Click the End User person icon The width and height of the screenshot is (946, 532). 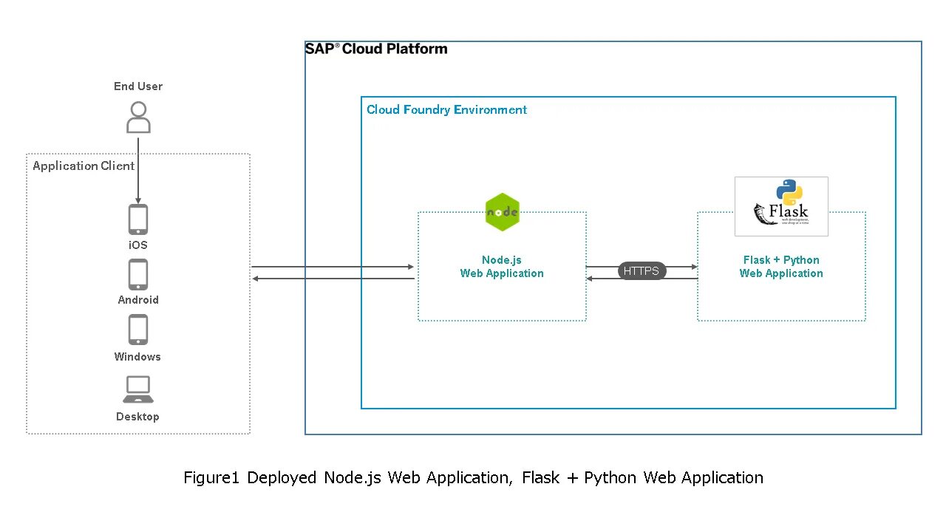pyautogui.click(x=138, y=117)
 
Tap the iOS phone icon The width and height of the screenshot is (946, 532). pyautogui.click(x=138, y=219)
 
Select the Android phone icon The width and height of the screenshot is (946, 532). pyautogui.click(x=138, y=274)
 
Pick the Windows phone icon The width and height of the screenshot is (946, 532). pyautogui.click(x=138, y=330)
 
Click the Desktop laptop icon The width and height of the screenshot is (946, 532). pyautogui.click(x=138, y=389)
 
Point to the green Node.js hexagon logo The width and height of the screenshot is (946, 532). pyautogui.click(x=503, y=212)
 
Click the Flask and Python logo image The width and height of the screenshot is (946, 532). pyautogui.click(x=781, y=206)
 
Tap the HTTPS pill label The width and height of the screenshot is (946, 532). pyautogui.click(x=642, y=271)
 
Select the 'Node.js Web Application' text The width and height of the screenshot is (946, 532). pyautogui.click(x=502, y=267)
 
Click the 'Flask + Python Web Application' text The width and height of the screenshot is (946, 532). pyautogui.click(x=781, y=267)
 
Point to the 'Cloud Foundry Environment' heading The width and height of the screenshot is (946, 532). pyautogui.click(x=446, y=110)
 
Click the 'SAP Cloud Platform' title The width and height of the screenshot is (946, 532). pyautogui.click(x=376, y=49)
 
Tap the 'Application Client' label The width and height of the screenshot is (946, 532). pyautogui.click(x=84, y=166)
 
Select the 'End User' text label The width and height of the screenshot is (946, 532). pyautogui.click(x=138, y=86)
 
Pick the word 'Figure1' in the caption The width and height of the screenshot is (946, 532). pyautogui.click(x=212, y=478)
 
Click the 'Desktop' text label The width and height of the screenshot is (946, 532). pyautogui.click(x=137, y=417)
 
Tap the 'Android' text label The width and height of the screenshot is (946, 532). pyautogui.click(x=138, y=300)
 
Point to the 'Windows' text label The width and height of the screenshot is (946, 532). pyautogui.click(x=137, y=357)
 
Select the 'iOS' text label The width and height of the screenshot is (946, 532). pyautogui.click(x=138, y=245)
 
